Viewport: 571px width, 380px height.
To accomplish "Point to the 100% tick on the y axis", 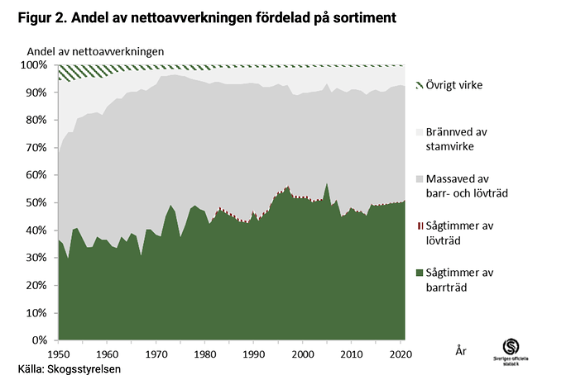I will [x=37, y=64].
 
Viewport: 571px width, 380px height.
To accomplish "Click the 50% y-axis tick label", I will [x=40, y=202].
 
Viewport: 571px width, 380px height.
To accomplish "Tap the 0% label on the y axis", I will [x=43, y=340].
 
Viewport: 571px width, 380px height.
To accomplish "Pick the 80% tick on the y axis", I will [x=40, y=120].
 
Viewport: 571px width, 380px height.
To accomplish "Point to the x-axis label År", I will [x=462, y=350].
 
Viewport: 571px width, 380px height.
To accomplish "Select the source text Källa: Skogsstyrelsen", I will [x=70, y=368].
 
